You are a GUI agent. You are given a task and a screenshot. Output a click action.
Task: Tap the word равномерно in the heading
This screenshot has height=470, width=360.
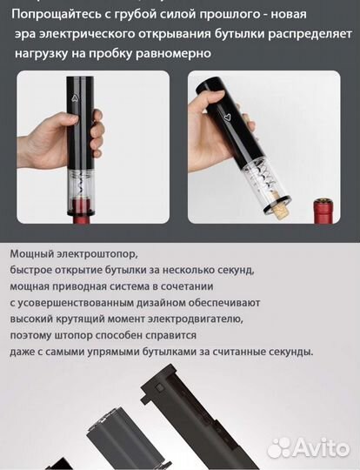[177, 53]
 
